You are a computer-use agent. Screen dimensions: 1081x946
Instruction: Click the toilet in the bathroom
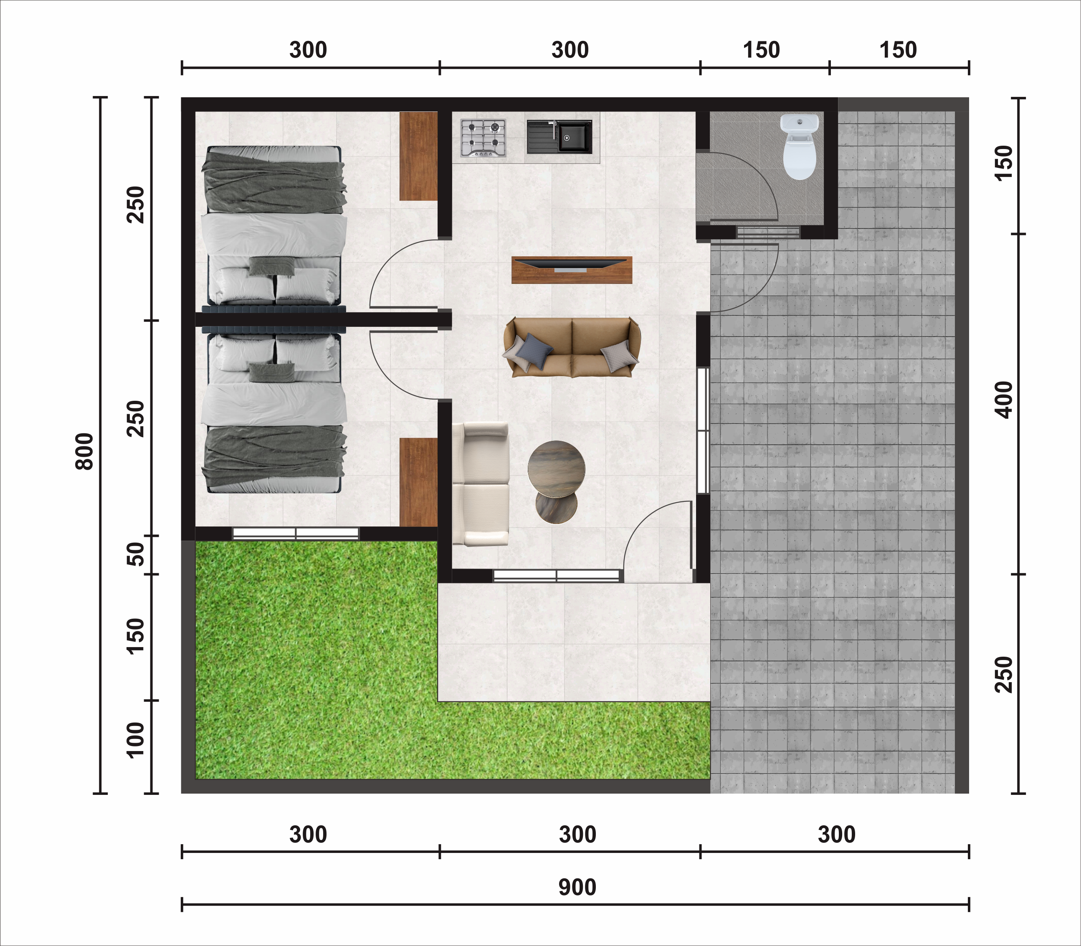tap(800, 147)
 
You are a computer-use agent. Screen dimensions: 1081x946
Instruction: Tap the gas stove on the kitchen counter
tap(483, 138)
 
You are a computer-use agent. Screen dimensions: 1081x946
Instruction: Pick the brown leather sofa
tap(572, 347)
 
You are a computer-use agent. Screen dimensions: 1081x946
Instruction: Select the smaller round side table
tap(556, 505)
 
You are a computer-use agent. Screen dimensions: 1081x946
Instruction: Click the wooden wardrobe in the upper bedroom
tap(418, 156)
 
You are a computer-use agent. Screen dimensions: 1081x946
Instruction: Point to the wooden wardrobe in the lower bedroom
tap(418, 482)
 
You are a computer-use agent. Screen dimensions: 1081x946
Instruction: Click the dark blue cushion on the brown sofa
tap(534, 349)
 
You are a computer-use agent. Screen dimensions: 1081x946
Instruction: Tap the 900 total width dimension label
tap(577, 888)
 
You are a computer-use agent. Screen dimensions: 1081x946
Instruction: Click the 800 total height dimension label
tap(84, 451)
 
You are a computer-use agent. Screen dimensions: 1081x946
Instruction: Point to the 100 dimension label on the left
tap(136, 740)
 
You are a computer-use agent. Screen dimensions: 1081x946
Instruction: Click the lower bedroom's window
tap(296, 534)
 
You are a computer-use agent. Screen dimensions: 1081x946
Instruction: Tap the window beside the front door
tap(556, 576)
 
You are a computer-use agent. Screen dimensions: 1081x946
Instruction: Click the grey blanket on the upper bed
tap(274, 183)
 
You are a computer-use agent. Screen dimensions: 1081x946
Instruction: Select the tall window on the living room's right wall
tap(703, 430)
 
